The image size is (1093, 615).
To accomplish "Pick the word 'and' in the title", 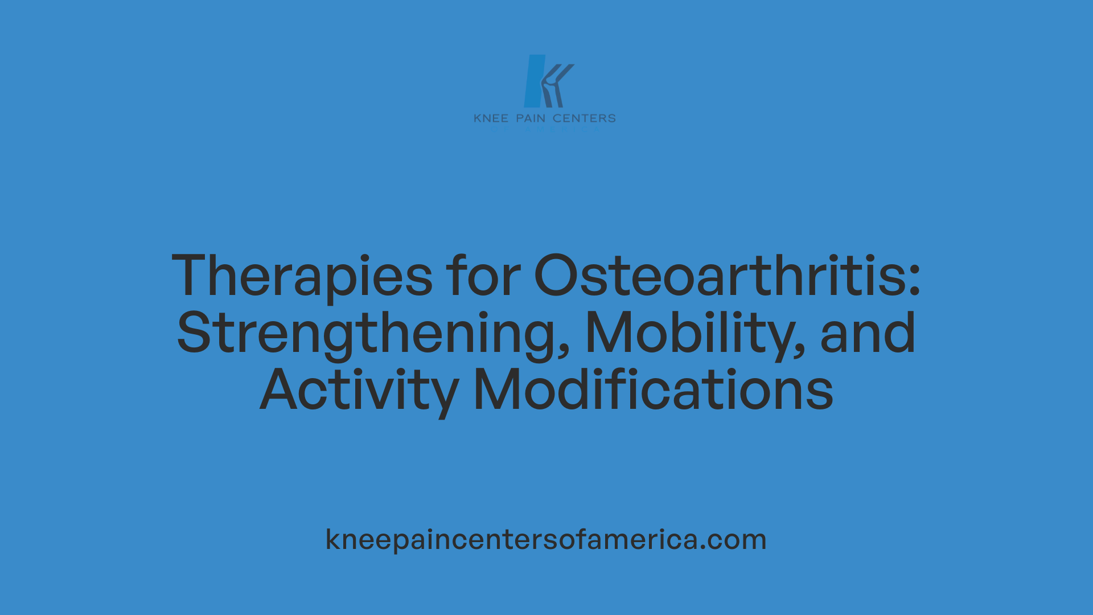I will [868, 333].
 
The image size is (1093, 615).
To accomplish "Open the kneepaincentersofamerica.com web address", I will [546, 539].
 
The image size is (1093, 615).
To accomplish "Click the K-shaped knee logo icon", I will [547, 81].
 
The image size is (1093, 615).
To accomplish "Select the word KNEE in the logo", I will [491, 118].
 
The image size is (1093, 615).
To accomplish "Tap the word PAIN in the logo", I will [531, 118].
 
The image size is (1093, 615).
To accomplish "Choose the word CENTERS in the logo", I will [584, 118].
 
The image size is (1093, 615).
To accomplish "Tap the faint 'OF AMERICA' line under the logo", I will [545, 129].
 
